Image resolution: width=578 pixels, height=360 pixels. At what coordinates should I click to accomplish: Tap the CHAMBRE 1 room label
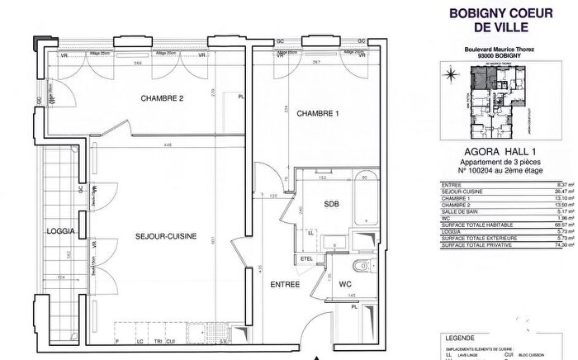[318, 113]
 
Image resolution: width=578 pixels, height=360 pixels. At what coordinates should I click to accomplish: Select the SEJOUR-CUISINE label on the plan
[166, 237]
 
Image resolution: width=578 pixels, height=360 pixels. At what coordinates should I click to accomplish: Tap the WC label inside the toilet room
[344, 285]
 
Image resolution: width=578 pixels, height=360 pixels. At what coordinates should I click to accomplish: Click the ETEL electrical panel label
[307, 258]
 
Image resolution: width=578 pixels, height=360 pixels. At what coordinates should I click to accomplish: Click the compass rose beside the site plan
[450, 77]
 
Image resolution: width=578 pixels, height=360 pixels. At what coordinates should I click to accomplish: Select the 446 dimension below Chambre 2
[168, 145]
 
